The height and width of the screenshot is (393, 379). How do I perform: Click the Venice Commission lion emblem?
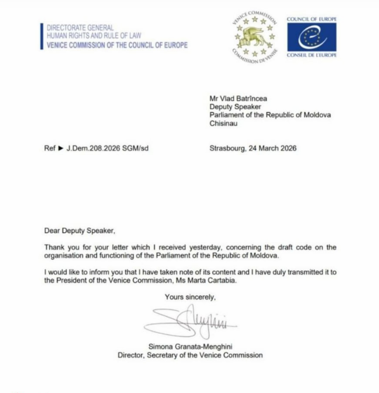pyautogui.click(x=255, y=37)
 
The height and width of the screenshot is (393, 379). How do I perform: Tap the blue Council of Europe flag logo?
pyautogui.click(x=312, y=37)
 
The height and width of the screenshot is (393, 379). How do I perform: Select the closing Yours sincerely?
pyautogui.click(x=190, y=297)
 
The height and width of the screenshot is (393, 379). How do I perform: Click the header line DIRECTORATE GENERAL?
pyautogui.click(x=80, y=28)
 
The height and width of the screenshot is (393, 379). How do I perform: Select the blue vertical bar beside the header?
pyautogui.click(x=41, y=36)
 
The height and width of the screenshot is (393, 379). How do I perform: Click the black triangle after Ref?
pyautogui.click(x=60, y=149)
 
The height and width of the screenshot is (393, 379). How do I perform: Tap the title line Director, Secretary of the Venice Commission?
pyautogui.click(x=189, y=355)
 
